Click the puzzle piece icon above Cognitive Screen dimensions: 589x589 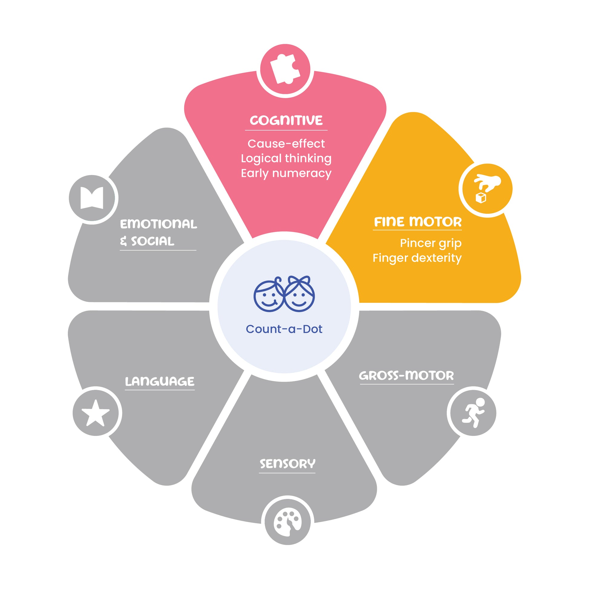pos(285,69)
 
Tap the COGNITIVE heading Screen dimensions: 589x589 pos(286,121)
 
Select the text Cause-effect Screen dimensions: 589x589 pos(286,143)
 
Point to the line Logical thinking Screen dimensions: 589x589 pos(286,159)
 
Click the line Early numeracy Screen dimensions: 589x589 pos(286,174)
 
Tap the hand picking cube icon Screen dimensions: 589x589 pos(487,188)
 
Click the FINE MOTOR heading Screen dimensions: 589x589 pos(418,222)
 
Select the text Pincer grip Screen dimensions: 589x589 pos(430,243)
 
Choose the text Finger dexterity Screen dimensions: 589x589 pos(417,258)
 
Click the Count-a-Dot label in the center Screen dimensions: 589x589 pos(284,329)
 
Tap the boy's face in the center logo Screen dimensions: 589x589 pos(268,295)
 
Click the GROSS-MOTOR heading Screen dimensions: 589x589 pos(406,376)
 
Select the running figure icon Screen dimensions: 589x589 pos(473,412)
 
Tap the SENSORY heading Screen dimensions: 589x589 pos(288,464)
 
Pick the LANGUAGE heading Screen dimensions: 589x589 pos(160,382)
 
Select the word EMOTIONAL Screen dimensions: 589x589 pos(159,224)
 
